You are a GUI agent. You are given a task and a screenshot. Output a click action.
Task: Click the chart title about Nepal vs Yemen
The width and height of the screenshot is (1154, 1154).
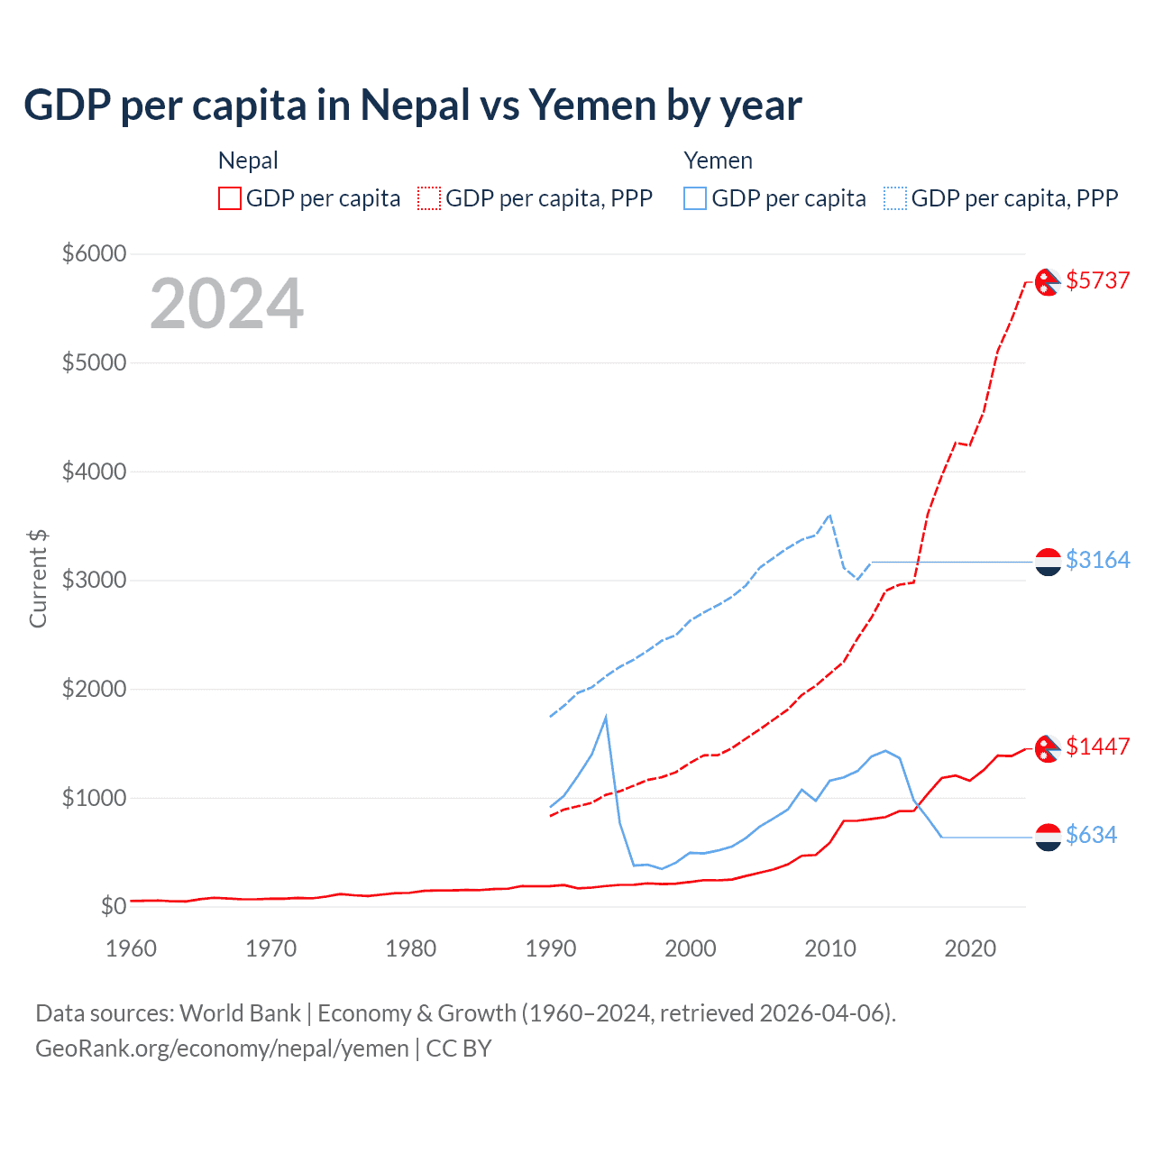click(412, 105)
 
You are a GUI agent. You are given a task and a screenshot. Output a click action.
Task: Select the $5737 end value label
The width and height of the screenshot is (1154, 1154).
click(1097, 280)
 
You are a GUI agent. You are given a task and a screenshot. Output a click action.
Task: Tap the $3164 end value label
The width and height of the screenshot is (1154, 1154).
click(1097, 560)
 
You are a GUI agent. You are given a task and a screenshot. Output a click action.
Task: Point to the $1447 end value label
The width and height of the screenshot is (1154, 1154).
click(1097, 746)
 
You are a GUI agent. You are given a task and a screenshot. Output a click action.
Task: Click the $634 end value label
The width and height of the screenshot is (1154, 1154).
click(1091, 835)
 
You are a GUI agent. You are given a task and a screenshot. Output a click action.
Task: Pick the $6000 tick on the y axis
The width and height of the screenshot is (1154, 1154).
click(94, 253)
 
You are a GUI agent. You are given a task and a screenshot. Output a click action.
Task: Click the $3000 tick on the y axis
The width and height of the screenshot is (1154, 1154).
click(94, 580)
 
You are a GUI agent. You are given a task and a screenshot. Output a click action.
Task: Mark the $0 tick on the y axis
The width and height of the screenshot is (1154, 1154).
click(113, 906)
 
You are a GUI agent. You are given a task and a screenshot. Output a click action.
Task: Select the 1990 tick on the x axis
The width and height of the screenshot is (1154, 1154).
click(550, 948)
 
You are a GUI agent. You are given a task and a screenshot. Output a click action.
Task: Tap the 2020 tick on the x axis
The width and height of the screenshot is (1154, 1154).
click(969, 948)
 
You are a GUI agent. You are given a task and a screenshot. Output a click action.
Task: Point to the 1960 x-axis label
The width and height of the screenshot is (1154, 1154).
click(132, 948)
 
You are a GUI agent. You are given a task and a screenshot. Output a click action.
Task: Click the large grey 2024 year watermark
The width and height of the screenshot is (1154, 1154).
click(226, 304)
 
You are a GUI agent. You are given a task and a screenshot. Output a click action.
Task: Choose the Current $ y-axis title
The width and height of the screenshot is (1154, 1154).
click(38, 579)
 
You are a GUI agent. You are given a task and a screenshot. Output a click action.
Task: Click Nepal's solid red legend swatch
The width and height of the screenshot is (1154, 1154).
click(230, 198)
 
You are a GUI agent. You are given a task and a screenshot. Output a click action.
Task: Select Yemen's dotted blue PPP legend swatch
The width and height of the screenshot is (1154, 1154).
click(895, 198)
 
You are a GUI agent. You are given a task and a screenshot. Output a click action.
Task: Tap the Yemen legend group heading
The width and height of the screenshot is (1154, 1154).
click(718, 160)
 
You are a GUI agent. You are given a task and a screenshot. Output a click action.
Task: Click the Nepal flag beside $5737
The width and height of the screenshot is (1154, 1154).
click(1047, 282)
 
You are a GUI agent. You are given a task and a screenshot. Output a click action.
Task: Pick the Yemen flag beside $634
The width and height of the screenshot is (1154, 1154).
click(1048, 838)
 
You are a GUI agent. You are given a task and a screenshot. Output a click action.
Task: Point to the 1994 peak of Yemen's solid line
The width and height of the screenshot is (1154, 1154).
click(606, 717)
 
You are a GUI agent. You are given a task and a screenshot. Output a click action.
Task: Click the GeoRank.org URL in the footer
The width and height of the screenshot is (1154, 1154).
click(222, 1049)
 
